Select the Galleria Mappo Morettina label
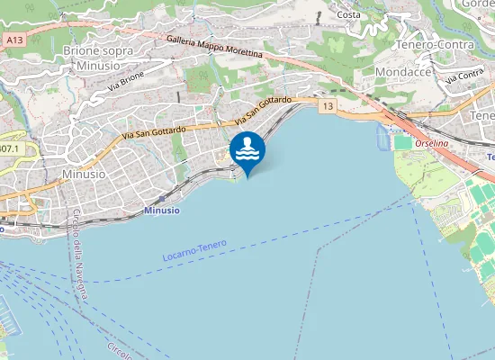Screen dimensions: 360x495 pos(214,46)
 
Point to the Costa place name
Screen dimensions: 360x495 pos(348,14)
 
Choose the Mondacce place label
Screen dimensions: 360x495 pos(404,71)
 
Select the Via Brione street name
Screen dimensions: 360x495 pos(126,83)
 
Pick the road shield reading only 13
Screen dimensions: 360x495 pos(327,107)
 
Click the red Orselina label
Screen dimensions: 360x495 pos(432,144)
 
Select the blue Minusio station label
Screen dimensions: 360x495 pos(162,210)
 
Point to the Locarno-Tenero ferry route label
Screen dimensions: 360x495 pos(195,249)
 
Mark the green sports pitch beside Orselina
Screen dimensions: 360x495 pos(402,142)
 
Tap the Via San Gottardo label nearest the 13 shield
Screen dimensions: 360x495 pos(260,112)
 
